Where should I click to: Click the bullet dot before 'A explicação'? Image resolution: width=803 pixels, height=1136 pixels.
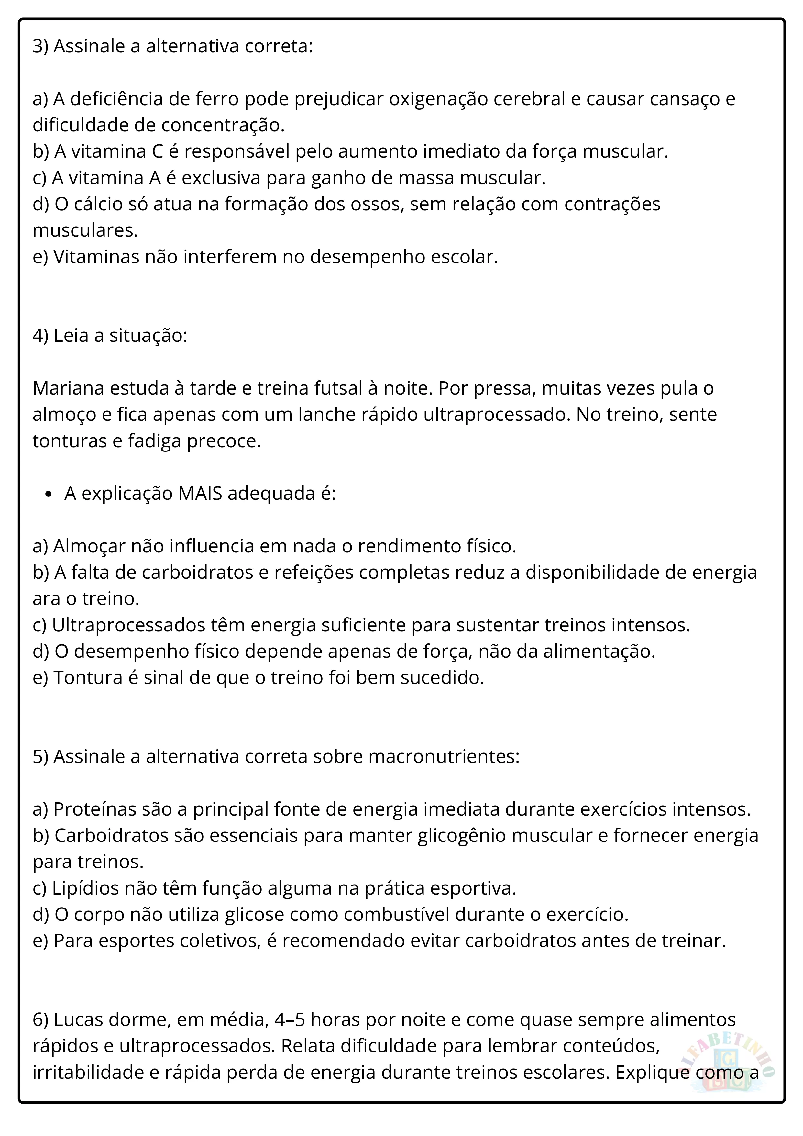48,494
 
